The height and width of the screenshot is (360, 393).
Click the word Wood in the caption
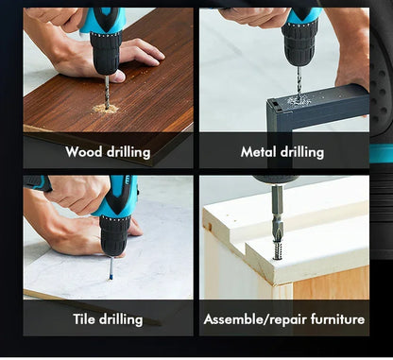pyautogui.click(x=84, y=151)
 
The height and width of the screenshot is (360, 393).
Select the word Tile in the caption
pyautogui.click(x=84, y=318)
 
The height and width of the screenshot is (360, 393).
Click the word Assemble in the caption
pyautogui.click(x=232, y=319)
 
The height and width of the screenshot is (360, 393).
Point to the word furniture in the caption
pyautogui.click(x=337, y=319)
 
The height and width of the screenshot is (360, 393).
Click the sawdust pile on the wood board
pyautogui.click(x=106, y=109)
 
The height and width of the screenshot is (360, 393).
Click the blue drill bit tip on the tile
pyautogui.click(x=111, y=277)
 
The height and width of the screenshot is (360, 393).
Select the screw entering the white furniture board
pyautogui.click(x=277, y=251)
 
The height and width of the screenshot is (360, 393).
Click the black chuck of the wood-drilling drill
pyautogui.click(x=106, y=53)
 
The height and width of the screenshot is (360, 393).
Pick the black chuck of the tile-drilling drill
pyautogui.click(x=114, y=234)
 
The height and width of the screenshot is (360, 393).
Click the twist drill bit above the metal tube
pyautogui.click(x=299, y=82)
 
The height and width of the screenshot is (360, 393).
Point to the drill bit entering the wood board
pyautogui.click(x=107, y=92)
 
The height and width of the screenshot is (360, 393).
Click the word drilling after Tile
pyautogui.click(x=121, y=319)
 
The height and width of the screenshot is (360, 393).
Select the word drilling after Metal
pyautogui.click(x=302, y=152)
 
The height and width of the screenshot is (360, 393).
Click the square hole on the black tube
pyautogui.click(x=275, y=104)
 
